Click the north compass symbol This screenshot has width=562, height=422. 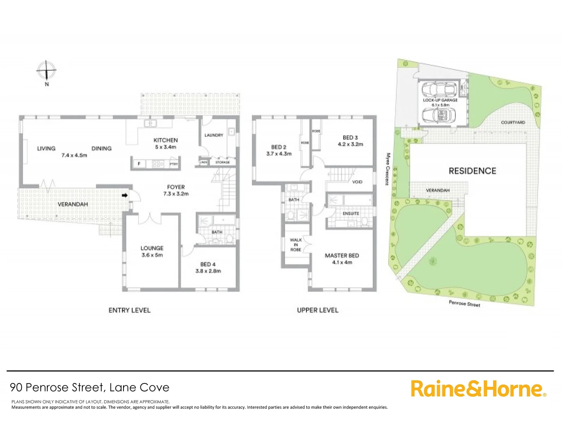(x=47, y=71)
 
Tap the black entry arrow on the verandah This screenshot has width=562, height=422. (x=125, y=195)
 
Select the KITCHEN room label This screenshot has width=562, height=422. (x=165, y=140)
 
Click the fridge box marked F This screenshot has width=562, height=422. (x=139, y=164)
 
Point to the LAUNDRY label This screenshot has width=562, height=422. (x=214, y=135)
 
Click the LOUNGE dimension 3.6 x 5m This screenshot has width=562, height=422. (x=152, y=255)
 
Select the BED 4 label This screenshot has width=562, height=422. (x=208, y=264)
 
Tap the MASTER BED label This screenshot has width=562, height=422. (x=342, y=256)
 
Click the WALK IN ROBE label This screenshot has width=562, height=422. (x=295, y=245)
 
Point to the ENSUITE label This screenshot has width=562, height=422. (x=351, y=213)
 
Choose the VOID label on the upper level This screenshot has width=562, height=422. (x=357, y=182)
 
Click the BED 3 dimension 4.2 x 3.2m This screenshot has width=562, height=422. (x=350, y=144)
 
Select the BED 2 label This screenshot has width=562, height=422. (x=279, y=147)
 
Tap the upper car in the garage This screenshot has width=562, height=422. (x=440, y=89)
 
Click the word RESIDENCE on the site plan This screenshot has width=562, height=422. (x=472, y=171)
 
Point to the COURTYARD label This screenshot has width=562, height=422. (x=513, y=122)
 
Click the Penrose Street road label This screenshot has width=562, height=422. (x=464, y=303)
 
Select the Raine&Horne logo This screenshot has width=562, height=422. (x=478, y=389)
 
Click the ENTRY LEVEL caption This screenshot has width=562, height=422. (x=129, y=310)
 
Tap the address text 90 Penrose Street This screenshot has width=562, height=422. (x=57, y=387)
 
